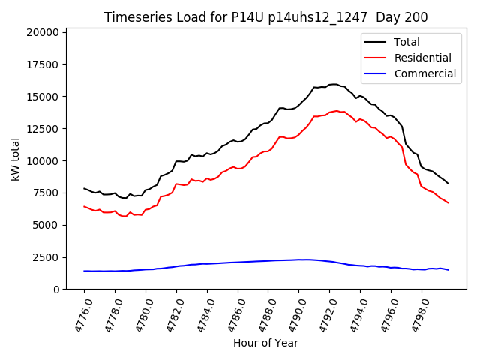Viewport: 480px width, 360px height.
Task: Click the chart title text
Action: pos(265,17)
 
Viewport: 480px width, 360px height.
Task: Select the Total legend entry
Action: pos(407,42)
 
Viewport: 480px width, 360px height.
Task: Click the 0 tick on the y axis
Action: pos(56,289)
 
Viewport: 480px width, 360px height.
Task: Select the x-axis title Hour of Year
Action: pos(265,343)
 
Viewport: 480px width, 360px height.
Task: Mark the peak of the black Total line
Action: pos(334,84)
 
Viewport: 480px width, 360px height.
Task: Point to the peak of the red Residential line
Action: pos(336,111)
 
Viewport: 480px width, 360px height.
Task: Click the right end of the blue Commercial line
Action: pos(448,269)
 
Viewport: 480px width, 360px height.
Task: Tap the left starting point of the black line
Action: pos(84,188)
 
